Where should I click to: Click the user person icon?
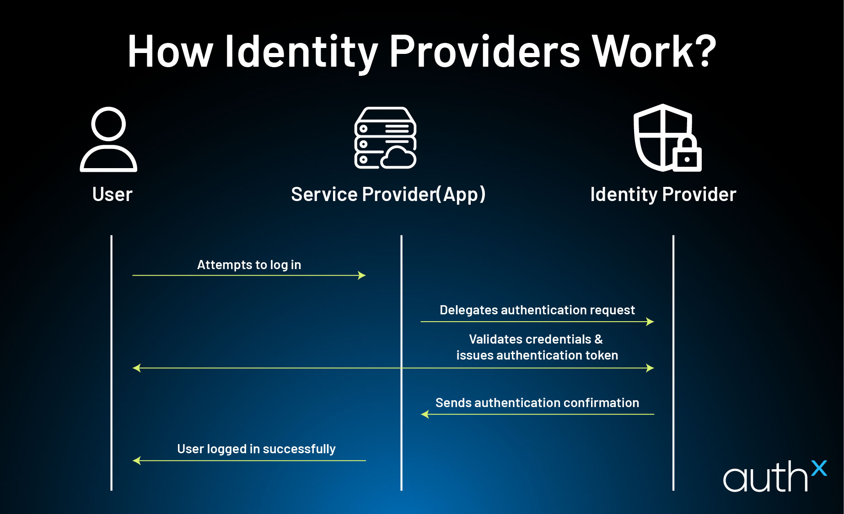point(108,139)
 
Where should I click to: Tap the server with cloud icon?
point(385,138)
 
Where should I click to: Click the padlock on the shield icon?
point(687,155)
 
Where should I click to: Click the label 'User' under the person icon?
point(112,195)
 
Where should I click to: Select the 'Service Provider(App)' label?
point(388,195)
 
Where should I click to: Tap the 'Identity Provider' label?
point(663,195)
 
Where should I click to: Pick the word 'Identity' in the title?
point(301,53)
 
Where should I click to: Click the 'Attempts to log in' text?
point(249,265)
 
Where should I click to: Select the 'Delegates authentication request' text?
point(537,310)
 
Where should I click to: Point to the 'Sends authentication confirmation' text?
point(537,403)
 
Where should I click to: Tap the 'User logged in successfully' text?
point(256,449)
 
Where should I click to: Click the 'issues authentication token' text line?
point(537,355)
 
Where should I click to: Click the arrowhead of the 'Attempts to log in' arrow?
point(362,276)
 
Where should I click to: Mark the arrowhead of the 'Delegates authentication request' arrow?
point(650,322)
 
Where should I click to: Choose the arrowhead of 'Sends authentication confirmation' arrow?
point(425,414)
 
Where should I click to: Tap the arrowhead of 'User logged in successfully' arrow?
point(136,461)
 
